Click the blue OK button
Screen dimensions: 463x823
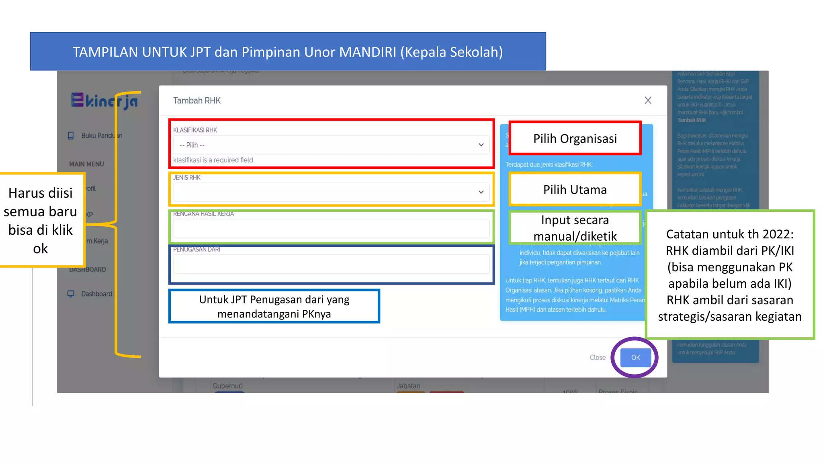point(635,357)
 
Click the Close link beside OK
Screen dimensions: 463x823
point(597,357)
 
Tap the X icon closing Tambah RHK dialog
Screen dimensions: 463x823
point(648,100)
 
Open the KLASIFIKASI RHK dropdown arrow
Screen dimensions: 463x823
point(481,145)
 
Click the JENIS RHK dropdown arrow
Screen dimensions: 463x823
point(481,192)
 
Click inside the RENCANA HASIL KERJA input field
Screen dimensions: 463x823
point(331,228)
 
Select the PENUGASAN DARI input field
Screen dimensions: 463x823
point(331,264)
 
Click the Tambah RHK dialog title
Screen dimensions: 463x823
point(197,100)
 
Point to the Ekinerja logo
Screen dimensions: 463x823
point(104,101)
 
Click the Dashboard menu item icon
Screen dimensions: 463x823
point(71,294)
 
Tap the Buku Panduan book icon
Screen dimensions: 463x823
point(71,135)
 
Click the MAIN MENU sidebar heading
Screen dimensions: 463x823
point(86,164)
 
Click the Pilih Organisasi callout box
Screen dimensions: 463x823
point(575,138)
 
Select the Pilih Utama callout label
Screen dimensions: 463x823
point(575,189)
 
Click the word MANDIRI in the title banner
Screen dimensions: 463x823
point(367,52)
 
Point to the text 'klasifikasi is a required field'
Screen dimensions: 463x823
point(213,160)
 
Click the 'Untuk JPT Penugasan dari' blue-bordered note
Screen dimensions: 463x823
point(274,306)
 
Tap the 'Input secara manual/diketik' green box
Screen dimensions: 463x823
point(575,227)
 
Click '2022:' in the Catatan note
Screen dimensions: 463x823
point(778,234)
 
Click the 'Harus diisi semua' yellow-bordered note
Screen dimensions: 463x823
point(41,220)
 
